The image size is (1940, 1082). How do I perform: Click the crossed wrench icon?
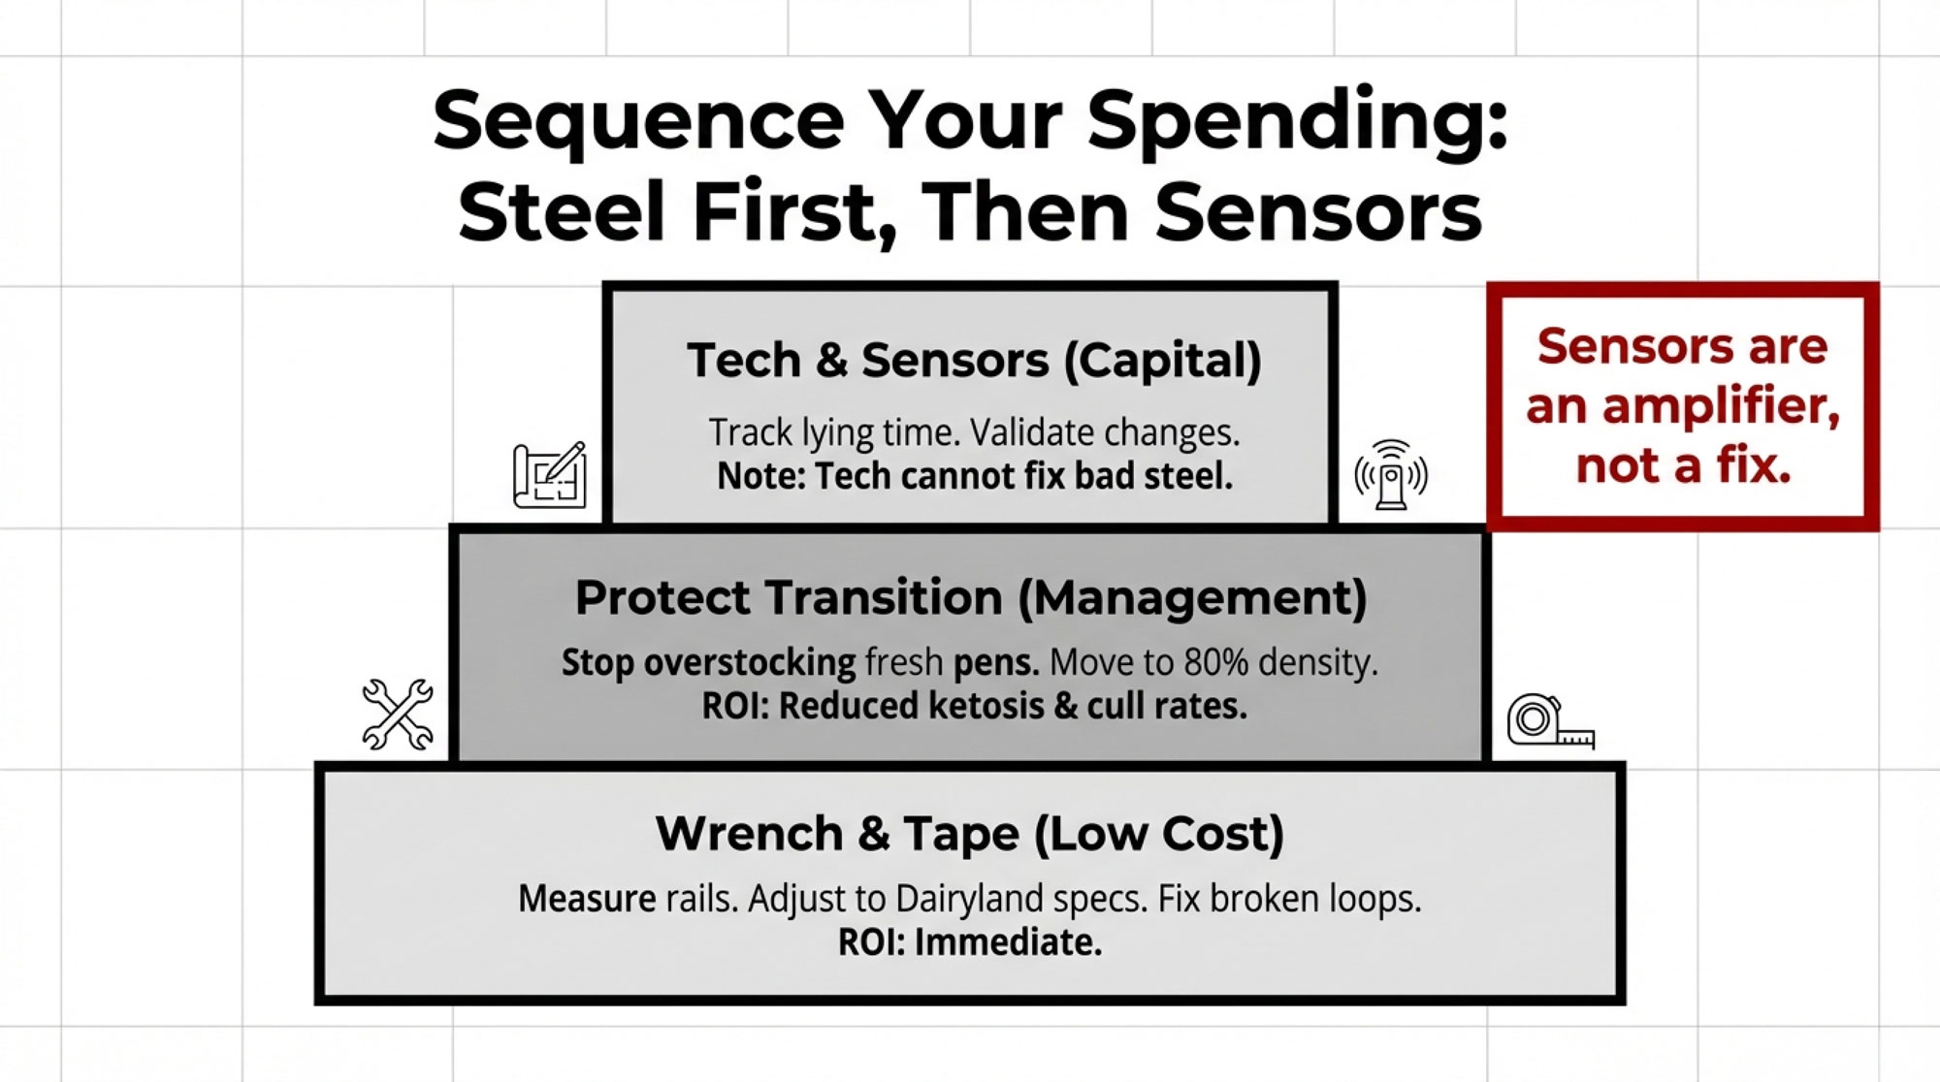point(398,715)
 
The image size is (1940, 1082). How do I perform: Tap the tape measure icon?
point(1550,721)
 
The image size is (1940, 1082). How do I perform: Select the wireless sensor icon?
point(1391,474)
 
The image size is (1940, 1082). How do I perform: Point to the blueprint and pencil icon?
point(550,475)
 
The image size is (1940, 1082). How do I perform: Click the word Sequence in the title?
point(639,120)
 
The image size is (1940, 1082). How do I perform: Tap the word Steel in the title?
point(564,211)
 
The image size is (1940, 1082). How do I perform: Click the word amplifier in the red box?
point(1721,405)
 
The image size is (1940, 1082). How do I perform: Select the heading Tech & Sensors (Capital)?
point(974,361)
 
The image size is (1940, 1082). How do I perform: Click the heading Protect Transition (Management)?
point(971,597)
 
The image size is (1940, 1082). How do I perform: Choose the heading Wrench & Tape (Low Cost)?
point(970,834)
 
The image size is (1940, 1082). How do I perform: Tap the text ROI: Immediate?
point(970,942)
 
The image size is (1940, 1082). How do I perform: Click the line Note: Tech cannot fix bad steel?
point(975,476)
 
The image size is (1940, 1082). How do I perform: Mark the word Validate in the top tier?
point(1032,432)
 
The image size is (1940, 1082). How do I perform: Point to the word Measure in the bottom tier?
point(587,899)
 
